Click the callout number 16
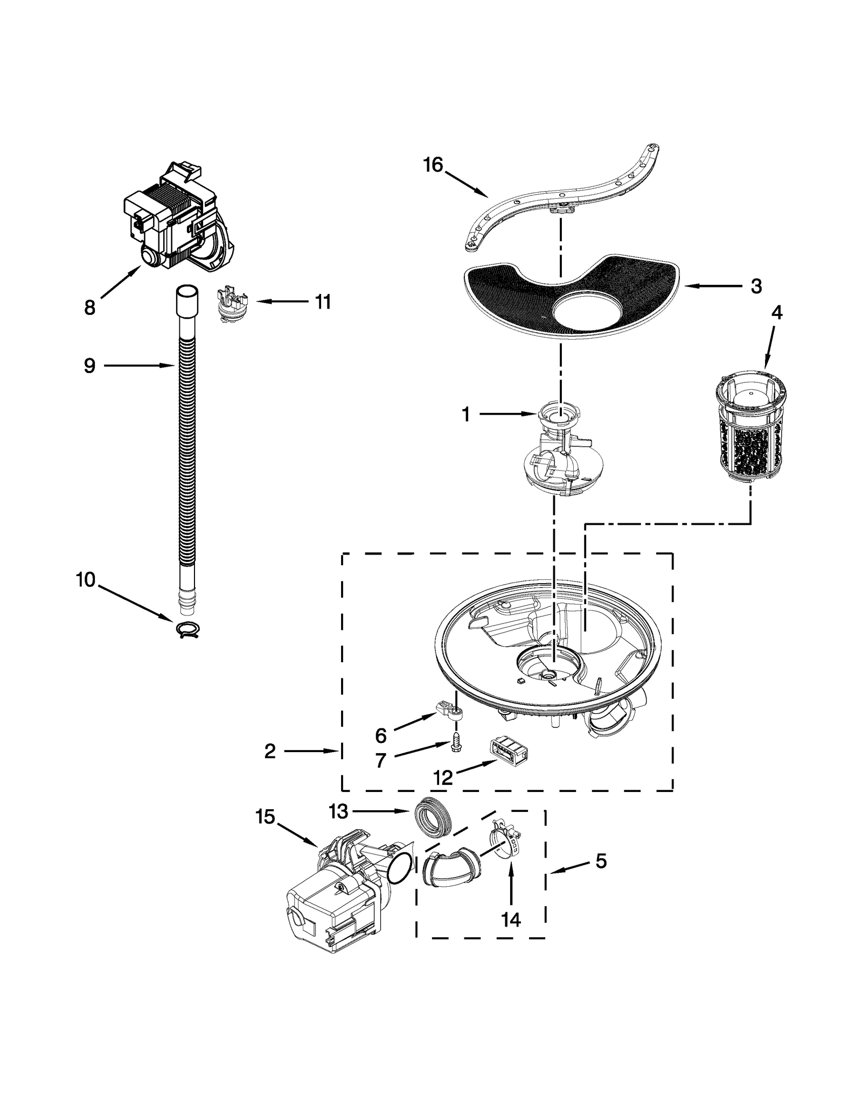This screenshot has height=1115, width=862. (x=433, y=165)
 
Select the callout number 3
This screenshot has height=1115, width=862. (x=756, y=287)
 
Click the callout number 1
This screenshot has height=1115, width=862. (x=465, y=415)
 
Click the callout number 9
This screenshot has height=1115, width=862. (x=89, y=366)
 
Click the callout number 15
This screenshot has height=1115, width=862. (x=265, y=817)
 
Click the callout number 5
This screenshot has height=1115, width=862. (x=601, y=861)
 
